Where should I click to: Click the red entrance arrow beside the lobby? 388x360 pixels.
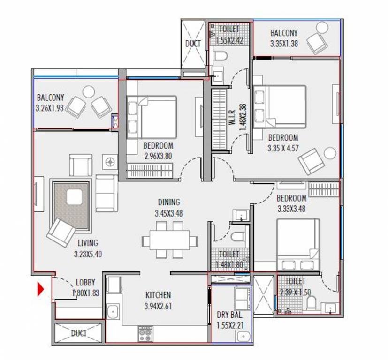tap(40, 289)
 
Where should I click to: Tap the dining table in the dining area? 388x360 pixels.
tap(169, 240)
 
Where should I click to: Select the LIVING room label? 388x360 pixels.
tap(88, 243)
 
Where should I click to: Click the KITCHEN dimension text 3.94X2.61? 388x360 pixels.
tap(158, 306)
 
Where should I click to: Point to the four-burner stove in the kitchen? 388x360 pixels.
tap(145, 334)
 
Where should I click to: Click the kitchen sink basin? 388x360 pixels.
tap(114, 312)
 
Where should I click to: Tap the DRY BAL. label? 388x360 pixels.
tap(230, 315)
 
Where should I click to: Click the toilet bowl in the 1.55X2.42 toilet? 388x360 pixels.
tap(220, 56)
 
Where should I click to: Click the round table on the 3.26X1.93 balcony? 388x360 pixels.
tap(89, 92)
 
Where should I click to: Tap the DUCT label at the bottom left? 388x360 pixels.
tap(79, 333)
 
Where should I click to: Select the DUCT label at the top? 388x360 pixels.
tap(193, 44)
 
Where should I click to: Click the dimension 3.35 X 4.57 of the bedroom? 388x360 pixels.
tap(283, 148)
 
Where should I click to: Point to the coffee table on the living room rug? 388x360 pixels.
tap(74, 197)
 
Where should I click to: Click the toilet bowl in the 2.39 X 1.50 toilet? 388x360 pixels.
tap(311, 303)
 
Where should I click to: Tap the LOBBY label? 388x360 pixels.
tap(85, 282)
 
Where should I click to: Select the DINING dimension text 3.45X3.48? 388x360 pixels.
tap(169, 213)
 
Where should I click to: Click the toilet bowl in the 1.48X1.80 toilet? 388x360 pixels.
tap(237, 236)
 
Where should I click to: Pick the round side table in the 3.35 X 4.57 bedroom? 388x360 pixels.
tap(330, 153)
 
